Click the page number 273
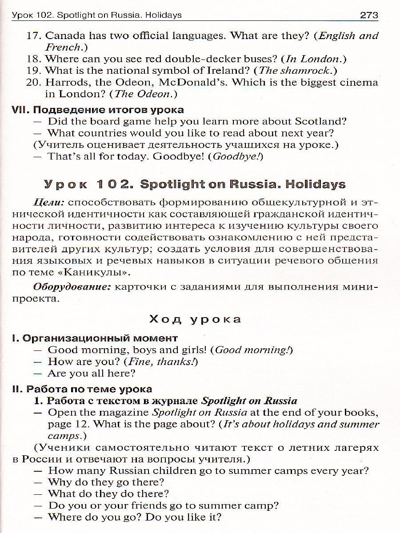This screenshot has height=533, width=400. click(x=369, y=15)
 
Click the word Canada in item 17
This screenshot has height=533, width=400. click(x=64, y=35)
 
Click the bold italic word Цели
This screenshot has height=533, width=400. click(x=49, y=202)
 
